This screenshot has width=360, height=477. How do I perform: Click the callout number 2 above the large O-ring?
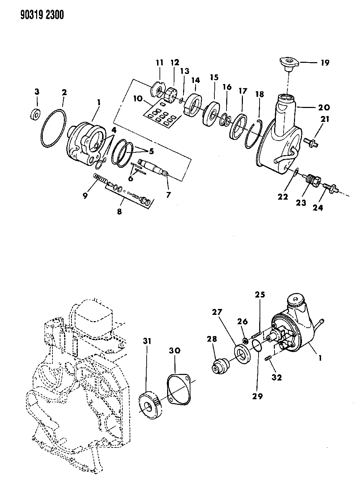(x=64, y=93)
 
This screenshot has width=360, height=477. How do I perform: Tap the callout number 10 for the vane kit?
(x=137, y=99)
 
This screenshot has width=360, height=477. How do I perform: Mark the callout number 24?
(x=318, y=208)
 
